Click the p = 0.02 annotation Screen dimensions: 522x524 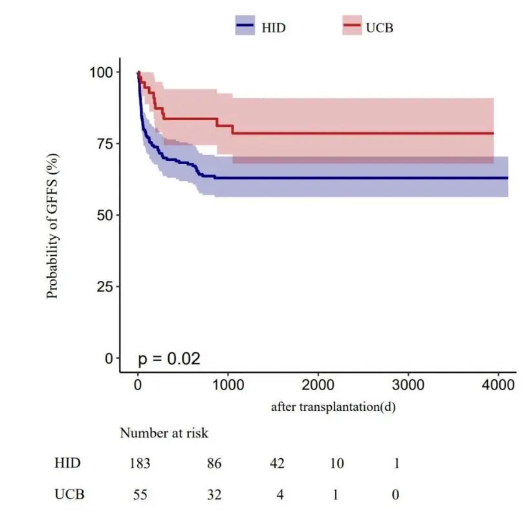point(169,359)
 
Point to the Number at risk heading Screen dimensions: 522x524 point(164,433)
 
